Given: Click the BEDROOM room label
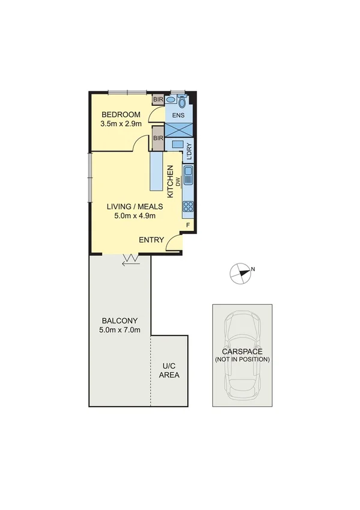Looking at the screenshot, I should coord(121,115).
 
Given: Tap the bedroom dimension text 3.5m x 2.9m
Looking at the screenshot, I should coord(121,124).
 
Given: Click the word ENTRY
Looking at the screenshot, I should coord(151,240).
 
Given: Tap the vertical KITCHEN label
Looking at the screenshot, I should coord(171,182).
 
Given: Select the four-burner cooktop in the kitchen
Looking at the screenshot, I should coord(188,207).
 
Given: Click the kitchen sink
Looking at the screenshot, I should coord(188,176).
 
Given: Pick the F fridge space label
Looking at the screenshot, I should coord(188,226).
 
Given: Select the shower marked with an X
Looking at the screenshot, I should coord(179,130).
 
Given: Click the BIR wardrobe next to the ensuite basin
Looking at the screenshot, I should coord(158,99).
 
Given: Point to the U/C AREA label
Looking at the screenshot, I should coord(169,370).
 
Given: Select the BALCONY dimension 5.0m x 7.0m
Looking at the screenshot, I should coord(120,330).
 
